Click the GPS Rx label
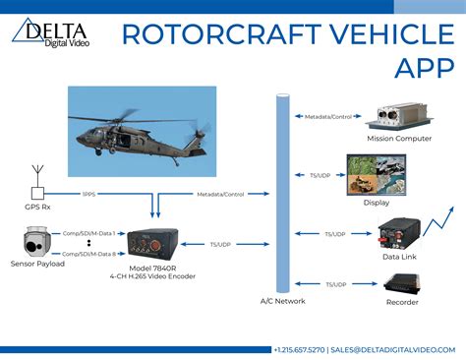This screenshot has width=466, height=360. (38, 209)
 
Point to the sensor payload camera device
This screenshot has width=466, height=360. (36, 242)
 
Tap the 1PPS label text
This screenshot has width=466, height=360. (87, 193)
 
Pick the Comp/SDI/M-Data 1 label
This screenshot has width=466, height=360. (88, 233)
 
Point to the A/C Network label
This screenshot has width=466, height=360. (283, 302)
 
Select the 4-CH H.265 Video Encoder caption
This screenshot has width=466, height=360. (153, 277)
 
